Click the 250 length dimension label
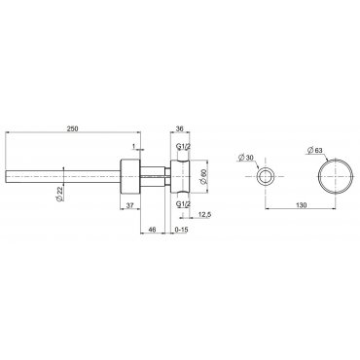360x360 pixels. pyautogui.click(x=72, y=128)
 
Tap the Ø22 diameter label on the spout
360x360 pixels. pyautogui.click(x=59, y=194)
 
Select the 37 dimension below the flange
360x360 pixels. pyautogui.click(x=129, y=205)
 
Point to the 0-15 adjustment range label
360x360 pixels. pyautogui.click(x=181, y=230)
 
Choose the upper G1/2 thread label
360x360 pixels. pyautogui.click(x=184, y=147)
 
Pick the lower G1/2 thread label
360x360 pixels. pyautogui.click(x=184, y=203)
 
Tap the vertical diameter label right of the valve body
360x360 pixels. pyautogui.click(x=203, y=177)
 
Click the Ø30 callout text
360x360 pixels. pyautogui.click(x=245, y=158)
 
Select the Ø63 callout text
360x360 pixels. pyautogui.click(x=314, y=150)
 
